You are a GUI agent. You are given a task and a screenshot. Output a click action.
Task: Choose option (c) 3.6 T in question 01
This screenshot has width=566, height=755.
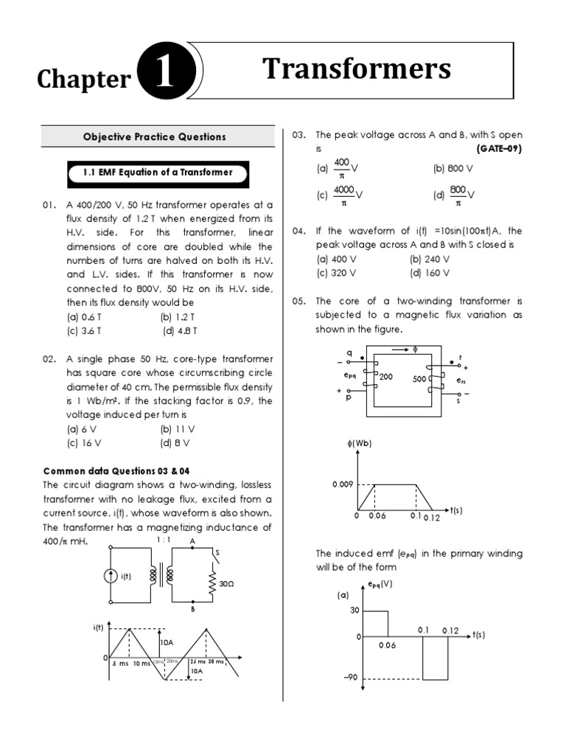pyautogui.click(x=84, y=331)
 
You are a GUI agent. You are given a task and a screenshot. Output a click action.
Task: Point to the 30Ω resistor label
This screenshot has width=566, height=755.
pyautogui.click(x=226, y=583)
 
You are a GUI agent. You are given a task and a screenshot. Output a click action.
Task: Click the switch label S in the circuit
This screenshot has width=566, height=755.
pyautogui.click(x=217, y=553)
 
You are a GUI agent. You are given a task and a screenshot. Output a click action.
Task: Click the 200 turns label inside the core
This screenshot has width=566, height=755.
pyautogui.click(x=385, y=376)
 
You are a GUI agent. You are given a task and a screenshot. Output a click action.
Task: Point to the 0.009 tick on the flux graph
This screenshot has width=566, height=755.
pyautogui.click(x=343, y=484)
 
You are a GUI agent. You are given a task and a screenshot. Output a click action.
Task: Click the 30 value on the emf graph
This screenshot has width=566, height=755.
pyautogui.click(x=354, y=610)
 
